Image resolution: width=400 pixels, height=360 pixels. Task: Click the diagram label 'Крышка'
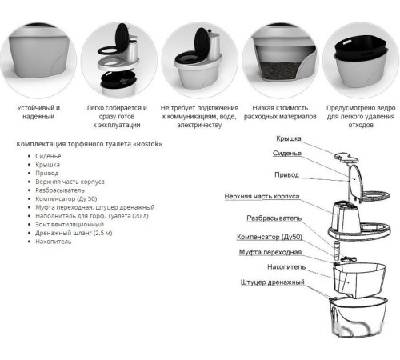pos(289,138)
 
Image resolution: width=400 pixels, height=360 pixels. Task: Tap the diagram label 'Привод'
pos(286,175)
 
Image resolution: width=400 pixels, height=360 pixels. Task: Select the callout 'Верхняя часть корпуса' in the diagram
pos(262,197)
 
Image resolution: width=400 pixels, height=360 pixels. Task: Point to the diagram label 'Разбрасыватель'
pos(274,218)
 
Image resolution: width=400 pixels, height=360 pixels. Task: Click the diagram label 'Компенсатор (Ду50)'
pos(270,237)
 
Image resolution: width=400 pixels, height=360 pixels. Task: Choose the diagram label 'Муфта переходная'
pos(270,252)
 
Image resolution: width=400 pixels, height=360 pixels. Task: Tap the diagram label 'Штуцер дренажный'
pos(272,282)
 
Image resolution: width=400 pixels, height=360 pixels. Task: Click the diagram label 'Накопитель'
pos(286,267)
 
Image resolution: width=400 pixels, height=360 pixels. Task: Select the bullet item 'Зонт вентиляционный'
pos(70,225)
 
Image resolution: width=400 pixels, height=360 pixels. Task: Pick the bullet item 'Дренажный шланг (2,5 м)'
pos(74,233)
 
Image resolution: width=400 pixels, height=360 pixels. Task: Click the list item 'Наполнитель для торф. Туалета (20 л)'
pos(92,216)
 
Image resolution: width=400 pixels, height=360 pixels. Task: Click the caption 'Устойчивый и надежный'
pos(38,112)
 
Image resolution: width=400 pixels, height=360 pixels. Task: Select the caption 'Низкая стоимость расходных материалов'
pos(280,112)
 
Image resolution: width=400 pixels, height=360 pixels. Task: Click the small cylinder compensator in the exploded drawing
pos(337,250)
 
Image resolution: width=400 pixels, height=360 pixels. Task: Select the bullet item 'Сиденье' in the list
pos(48,156)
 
